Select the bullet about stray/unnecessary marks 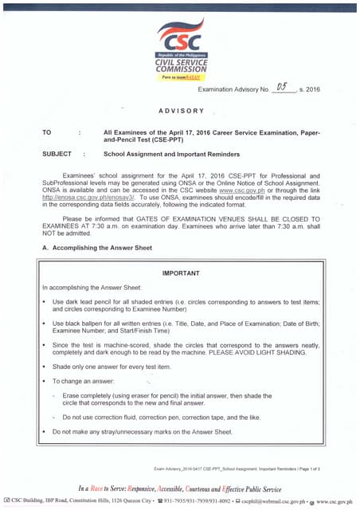142,431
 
